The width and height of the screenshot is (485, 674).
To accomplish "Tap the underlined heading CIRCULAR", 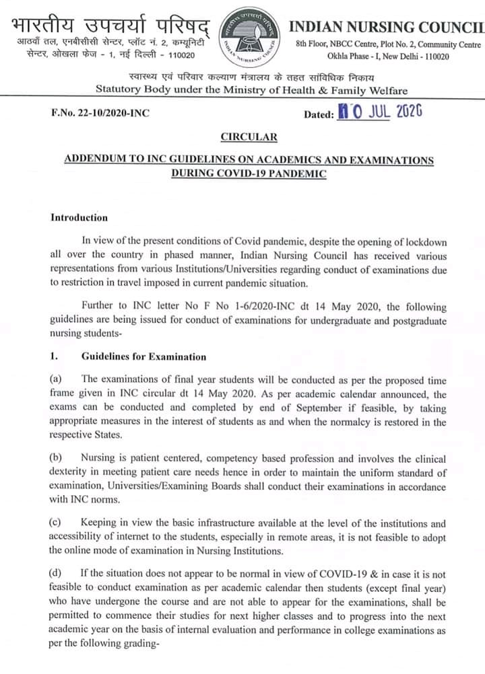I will point(249,138).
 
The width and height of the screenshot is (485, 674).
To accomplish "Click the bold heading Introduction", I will point(79,217).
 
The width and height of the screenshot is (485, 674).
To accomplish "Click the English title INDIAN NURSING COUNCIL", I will point(386,26).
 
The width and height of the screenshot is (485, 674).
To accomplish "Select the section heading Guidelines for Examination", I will point(143,357).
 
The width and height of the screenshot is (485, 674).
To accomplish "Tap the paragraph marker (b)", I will point(57,458).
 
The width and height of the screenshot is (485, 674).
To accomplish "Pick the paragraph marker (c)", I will point(57,523).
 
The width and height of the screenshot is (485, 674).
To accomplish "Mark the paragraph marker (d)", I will point(57,572).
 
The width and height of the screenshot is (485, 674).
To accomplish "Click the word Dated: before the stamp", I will point(319,114).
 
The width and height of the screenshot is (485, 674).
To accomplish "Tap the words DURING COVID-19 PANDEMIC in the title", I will point(249,174).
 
